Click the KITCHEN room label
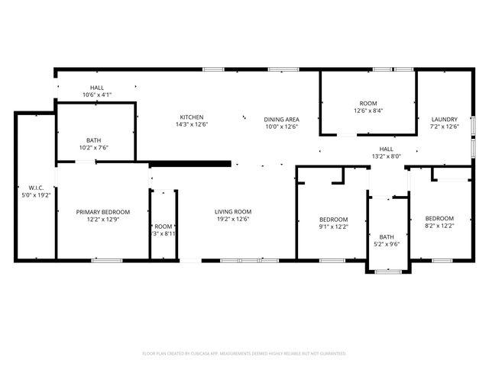(x=192, y=117)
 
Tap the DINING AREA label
(x=281, y=120)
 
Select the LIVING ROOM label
(x=233, y=212)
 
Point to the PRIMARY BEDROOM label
(x=102, y=212)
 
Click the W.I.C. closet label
(x=36, y=187)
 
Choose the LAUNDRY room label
(x=444, y=120)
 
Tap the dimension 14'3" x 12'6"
(x=192, y=125)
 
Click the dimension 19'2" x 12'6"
(x=233, y=220)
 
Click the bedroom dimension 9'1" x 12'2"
(x=333, y=226)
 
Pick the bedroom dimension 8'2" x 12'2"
(x=439, y=226)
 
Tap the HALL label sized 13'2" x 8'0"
(x=387, y=149)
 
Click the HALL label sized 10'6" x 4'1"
(x=97, y=88)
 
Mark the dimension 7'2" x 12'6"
(x=444, y=127)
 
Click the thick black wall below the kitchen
(x=191, y=162)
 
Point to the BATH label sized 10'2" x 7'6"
(x=94, y=140)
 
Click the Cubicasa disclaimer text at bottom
(x=244, y=354)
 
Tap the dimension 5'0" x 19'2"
(x=36, y=194)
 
